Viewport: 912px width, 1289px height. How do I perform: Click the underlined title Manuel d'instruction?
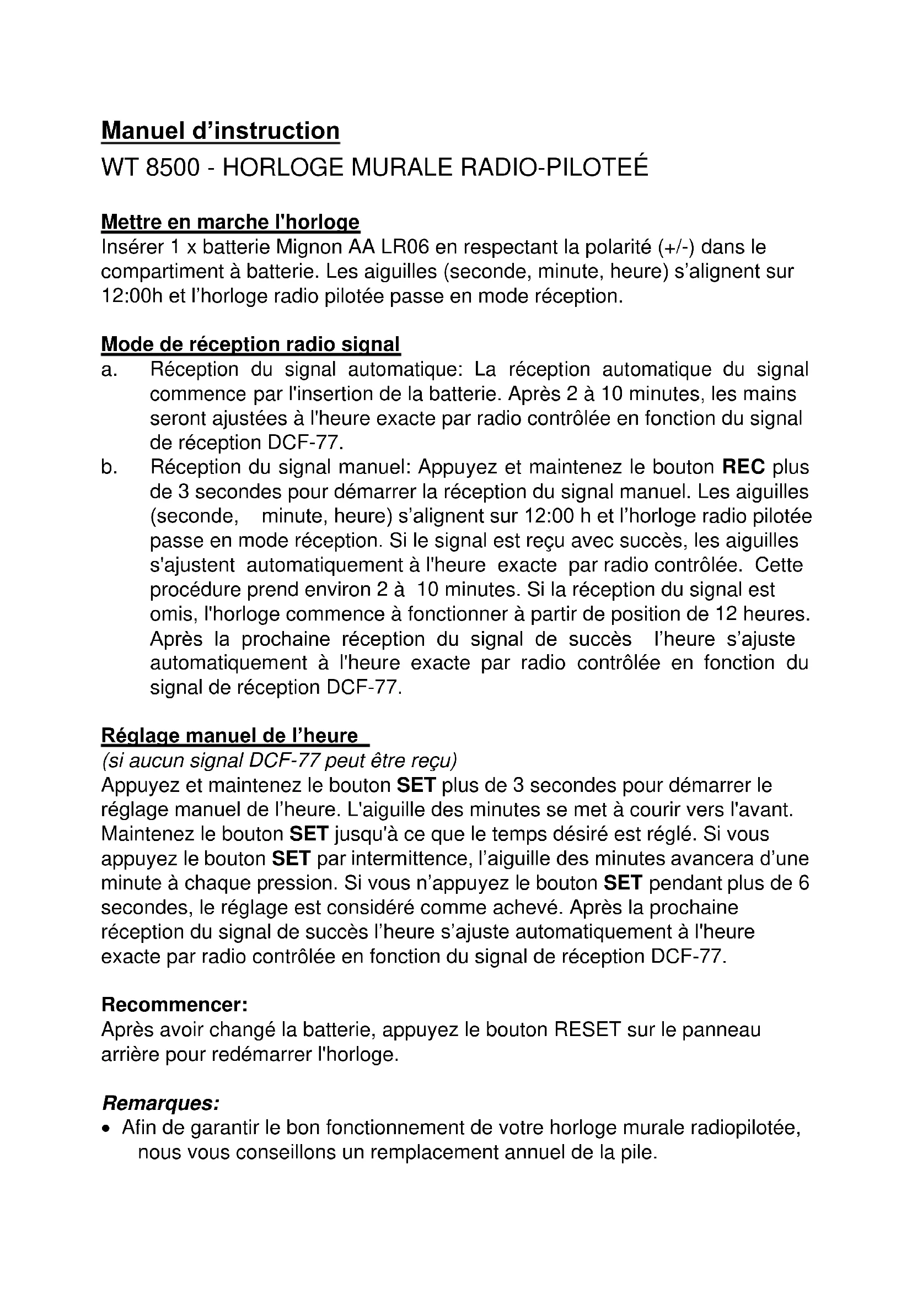pos(220,131)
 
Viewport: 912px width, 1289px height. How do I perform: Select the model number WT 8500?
pos(151,168)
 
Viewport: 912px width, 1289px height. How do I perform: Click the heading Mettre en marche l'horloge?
pos(230,222)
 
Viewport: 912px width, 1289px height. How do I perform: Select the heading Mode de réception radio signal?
pos(250,344)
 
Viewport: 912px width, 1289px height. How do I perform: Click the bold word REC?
pos(743,467)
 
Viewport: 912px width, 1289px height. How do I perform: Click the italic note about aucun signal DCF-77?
pos(279,760)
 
